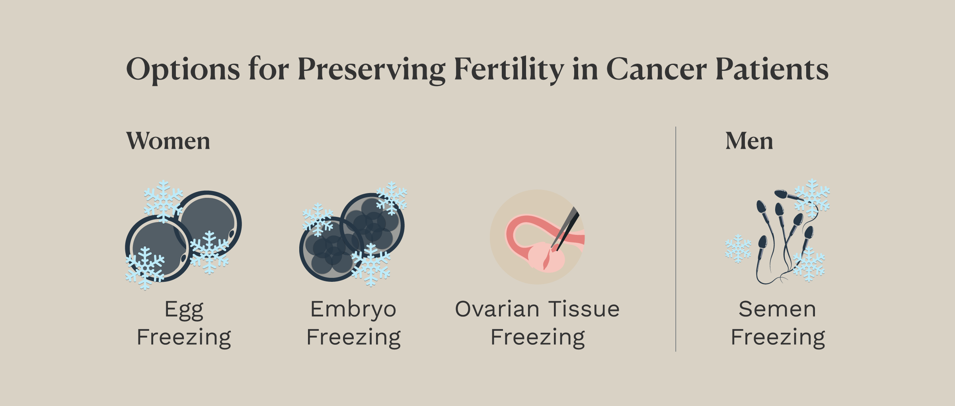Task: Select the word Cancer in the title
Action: (657, 69)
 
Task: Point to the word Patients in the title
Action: (772, 69)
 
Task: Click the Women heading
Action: (168, 141)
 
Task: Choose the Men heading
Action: (749, 141)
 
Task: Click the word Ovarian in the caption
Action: (497, 309)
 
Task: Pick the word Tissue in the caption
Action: (584, 309)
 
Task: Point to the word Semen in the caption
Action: (778, 309)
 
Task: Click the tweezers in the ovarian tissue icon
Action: (565, 228)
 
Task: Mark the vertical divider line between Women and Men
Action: (676, 239)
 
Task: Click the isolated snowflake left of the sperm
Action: (738, 248)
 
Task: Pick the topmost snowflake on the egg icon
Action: (163, 201)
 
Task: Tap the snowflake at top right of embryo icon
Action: (392, 198)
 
